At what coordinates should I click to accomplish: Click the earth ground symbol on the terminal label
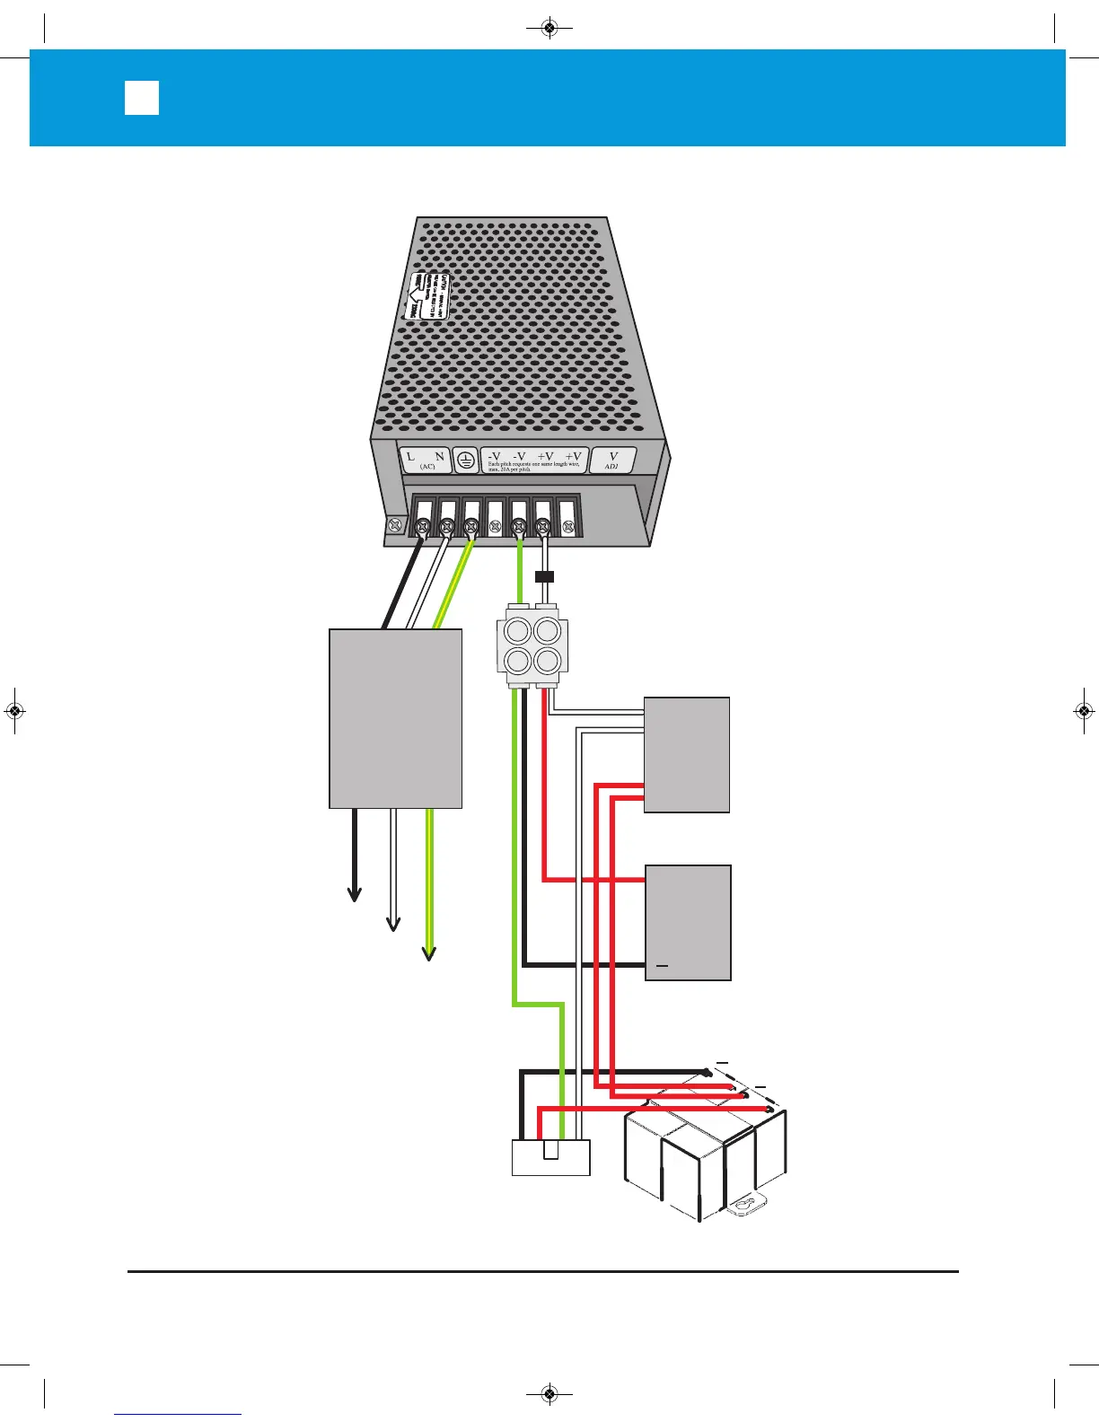click(465, 461)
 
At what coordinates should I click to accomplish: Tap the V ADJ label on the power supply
click(613, 461)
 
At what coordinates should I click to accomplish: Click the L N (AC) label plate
click(426, 461)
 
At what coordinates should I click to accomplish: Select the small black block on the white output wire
click(544, 577)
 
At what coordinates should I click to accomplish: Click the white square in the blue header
click(142, 98)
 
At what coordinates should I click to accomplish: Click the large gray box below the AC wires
click(396, 718)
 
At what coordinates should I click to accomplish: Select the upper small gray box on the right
click(687, 754)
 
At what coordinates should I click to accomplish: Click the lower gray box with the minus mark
click(689, 923)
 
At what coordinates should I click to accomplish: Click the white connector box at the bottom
click(551, 1157)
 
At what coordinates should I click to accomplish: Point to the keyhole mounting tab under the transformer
click(743, 1206)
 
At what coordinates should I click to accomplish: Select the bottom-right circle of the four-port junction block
click(547, 662)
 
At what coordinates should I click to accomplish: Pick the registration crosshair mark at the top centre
click(549, 29)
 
